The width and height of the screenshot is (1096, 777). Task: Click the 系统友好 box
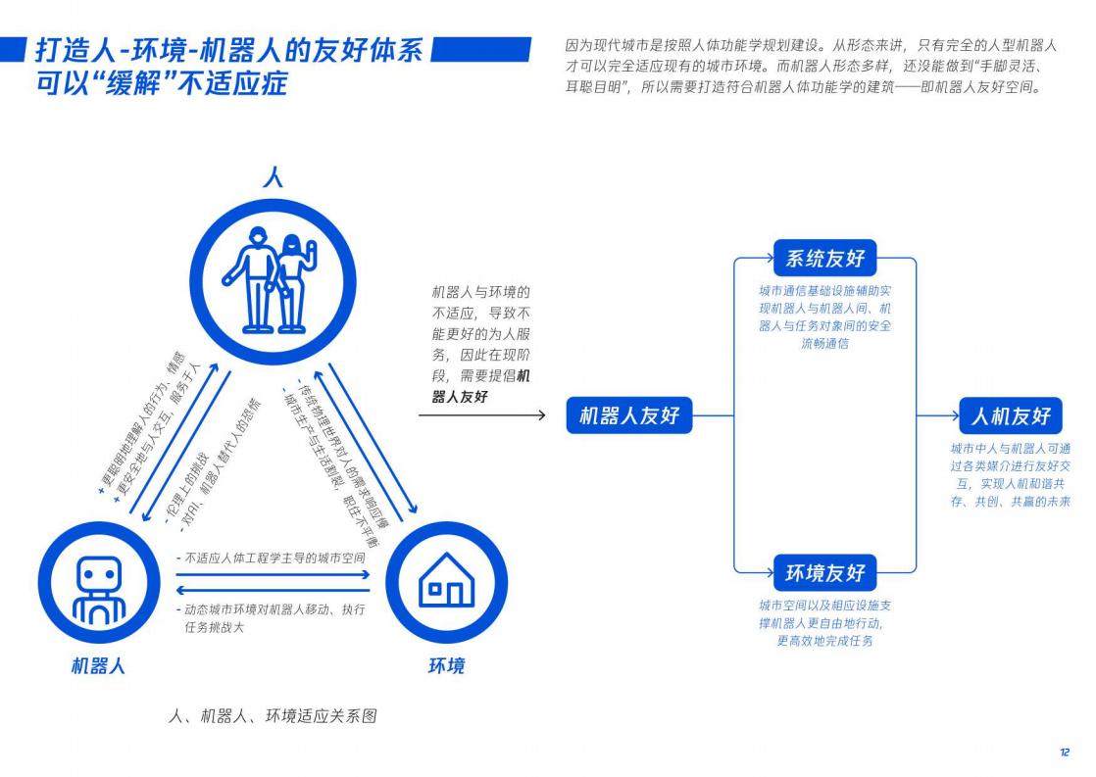pyautogui.click(x=824, y=259)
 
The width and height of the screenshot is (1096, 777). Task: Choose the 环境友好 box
pyautogui.click(x=824, y=573)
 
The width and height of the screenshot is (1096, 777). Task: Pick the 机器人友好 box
pyautogui.click(x=629, y=415)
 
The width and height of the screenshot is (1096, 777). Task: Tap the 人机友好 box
pyautogui.click(x=1011, y=415)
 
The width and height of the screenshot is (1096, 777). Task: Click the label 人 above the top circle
pyautogui.click(x=274, y=176)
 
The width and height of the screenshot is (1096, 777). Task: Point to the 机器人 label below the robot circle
pyautogui.click(x=98, y=666)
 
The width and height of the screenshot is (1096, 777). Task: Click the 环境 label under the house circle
pyautogui.click(x=446, y=666)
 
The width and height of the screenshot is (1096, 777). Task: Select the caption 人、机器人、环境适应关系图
pyautogui.click(x=274, y=716)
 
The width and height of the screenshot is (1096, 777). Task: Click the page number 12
pyautogui.click(x=1065, y=752)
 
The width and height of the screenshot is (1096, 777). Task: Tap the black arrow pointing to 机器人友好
pyautogui.click(x=481, y=415)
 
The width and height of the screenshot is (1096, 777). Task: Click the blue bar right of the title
pyautogui.click(x=481, y=50)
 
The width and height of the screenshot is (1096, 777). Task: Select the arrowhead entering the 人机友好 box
pyautogui.click(x=954, y=415)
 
